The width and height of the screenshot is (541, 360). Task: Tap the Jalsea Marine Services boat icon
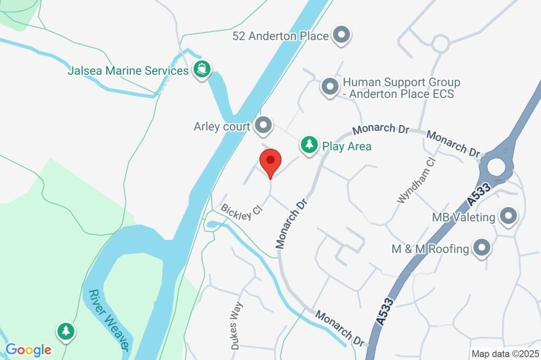[201, 70]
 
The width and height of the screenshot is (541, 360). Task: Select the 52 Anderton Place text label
[281, 36]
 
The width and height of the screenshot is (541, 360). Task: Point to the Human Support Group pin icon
[330, 87]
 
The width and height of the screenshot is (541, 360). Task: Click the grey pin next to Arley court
[263, 126]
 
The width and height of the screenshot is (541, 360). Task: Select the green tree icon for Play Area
[309, 145]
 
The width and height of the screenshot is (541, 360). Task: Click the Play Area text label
[347, 146]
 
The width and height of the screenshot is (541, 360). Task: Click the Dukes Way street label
[237, 326]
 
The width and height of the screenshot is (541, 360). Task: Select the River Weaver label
[109, 319]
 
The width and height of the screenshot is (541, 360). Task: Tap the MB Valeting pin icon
[509, 216]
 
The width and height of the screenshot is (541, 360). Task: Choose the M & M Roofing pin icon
[481, 248]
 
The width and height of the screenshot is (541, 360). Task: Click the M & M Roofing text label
[430, 249]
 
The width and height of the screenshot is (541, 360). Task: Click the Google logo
[29, 349]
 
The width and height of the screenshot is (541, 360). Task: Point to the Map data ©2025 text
[506, 354]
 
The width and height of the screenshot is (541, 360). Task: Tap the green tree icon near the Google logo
[66, 331]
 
